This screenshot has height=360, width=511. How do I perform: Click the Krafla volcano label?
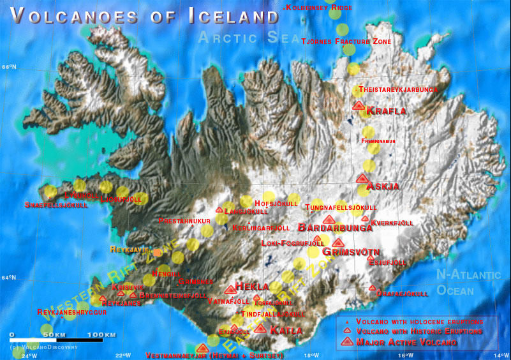click(x=386, y=111)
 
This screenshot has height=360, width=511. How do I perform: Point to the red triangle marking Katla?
click(x=260, y=329)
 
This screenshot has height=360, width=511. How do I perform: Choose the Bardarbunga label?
click(x=335, y=228)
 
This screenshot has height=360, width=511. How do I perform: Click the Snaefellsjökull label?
click(x=56, y=205)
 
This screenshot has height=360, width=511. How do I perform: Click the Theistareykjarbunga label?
click(x=398, y=89)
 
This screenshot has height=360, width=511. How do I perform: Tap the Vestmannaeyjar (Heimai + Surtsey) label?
click(x=214, y=356)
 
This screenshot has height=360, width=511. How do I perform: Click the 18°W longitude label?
click(x=311, y=356)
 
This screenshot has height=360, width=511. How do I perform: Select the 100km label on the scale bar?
click(x=102, y=334)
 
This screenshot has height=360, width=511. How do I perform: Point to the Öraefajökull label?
click(x=402, y=294)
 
